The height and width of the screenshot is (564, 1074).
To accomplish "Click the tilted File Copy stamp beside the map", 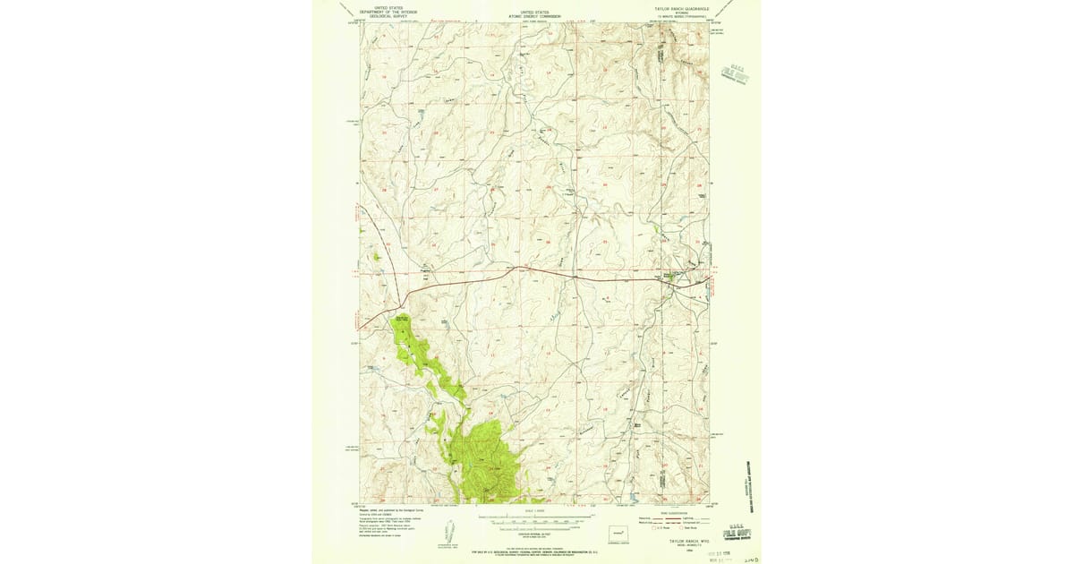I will [736, 74].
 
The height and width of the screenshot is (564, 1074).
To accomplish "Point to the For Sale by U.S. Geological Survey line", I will [534, 549].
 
